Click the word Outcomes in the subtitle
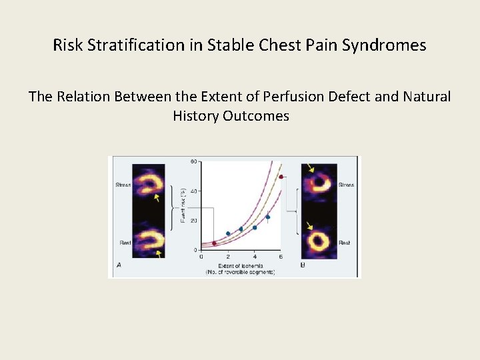(257, 116)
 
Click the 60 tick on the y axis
(193, 161)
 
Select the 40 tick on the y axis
(193, 191)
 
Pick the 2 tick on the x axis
(228, 257)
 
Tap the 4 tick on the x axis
(254, 257)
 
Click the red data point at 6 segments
(281, 177)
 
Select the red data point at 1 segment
(214, 243)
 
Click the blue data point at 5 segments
(267, 217)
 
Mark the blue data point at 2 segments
(228, 234)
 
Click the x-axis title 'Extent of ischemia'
(240, 265)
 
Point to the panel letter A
(119, 265)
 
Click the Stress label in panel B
(345, 185)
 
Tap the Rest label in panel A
(125, 243)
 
